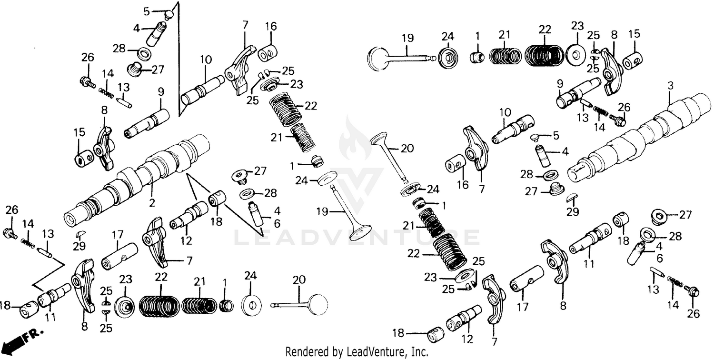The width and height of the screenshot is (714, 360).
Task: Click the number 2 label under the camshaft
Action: click(x=152, y=203)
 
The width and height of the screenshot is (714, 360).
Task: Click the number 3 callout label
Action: click(x=670, y=86)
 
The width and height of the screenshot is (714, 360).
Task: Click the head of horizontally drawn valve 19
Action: click(x=378, y=58)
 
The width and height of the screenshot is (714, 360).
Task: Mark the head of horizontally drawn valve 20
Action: click(x=318, y=303)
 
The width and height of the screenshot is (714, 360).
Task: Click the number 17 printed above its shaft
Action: click(x=118, y=234)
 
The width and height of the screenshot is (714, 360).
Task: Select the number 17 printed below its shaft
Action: click(x=523, y=308)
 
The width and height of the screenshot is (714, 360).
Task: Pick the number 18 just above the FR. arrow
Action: click(x=5, y=306)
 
